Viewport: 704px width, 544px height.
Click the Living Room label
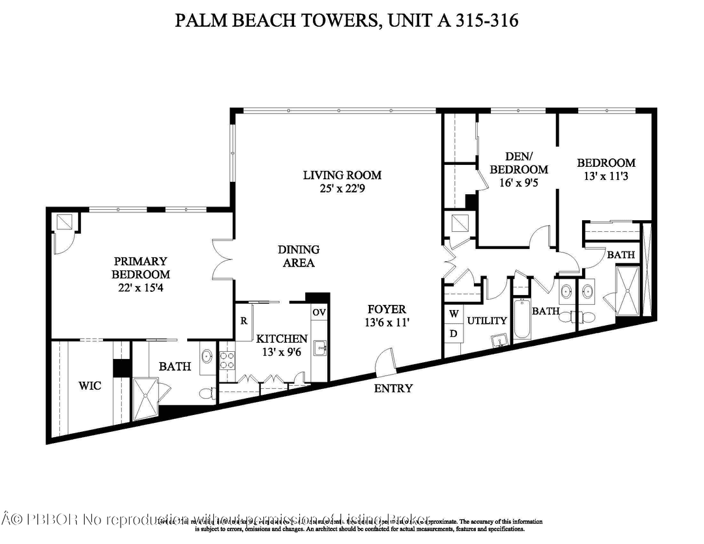[342, 175]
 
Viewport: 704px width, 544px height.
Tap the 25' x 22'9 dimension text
[342, 189]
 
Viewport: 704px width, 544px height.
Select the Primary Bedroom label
[140, 268]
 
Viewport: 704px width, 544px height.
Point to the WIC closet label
[89, 386]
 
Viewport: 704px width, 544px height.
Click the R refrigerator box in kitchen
[242, 321]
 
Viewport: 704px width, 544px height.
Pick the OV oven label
[319, 313]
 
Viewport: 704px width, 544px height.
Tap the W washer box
[453, 313]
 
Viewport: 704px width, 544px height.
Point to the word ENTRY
[393, 388]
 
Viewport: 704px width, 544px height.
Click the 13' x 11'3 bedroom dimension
[606, 176]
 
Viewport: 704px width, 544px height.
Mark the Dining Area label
[299, 256]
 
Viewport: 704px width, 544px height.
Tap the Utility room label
[488, 321]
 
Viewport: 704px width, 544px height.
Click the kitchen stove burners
[227, 360]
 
